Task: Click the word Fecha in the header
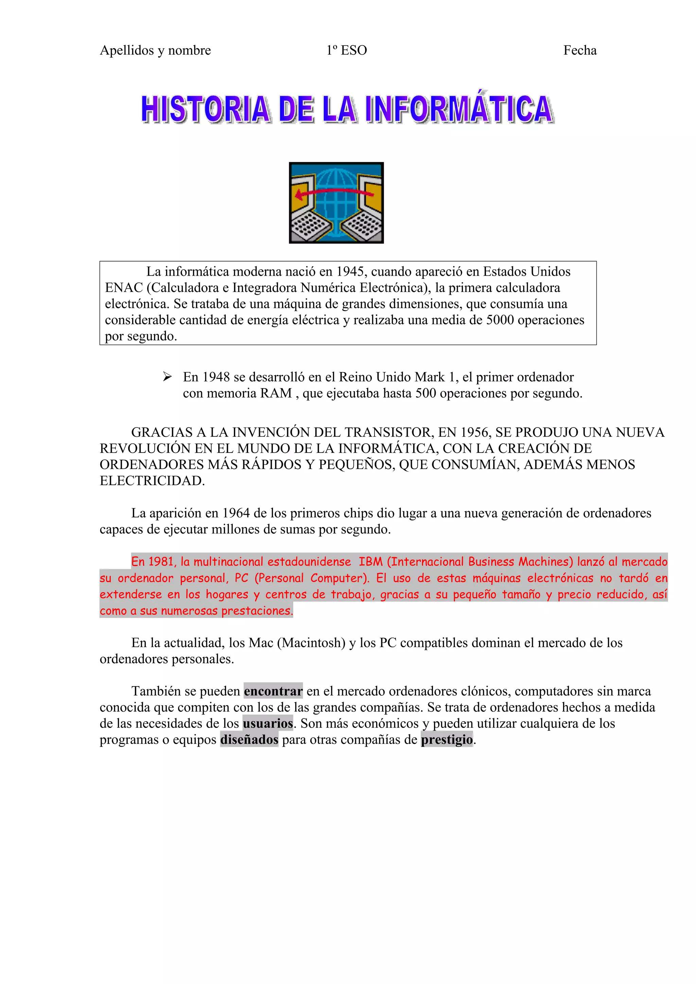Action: point(579,51)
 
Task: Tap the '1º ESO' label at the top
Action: point(347,51)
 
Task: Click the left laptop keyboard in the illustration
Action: point(310,226)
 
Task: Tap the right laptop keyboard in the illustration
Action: point(362,226)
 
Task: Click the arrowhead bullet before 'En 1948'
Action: point(167,377)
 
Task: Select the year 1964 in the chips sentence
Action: point(236,513)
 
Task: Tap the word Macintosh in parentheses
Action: point(311,643)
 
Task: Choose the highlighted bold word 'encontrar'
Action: point(273,691)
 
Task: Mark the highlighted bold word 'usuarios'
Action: point(267,724)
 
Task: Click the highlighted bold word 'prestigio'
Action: point(447,740)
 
